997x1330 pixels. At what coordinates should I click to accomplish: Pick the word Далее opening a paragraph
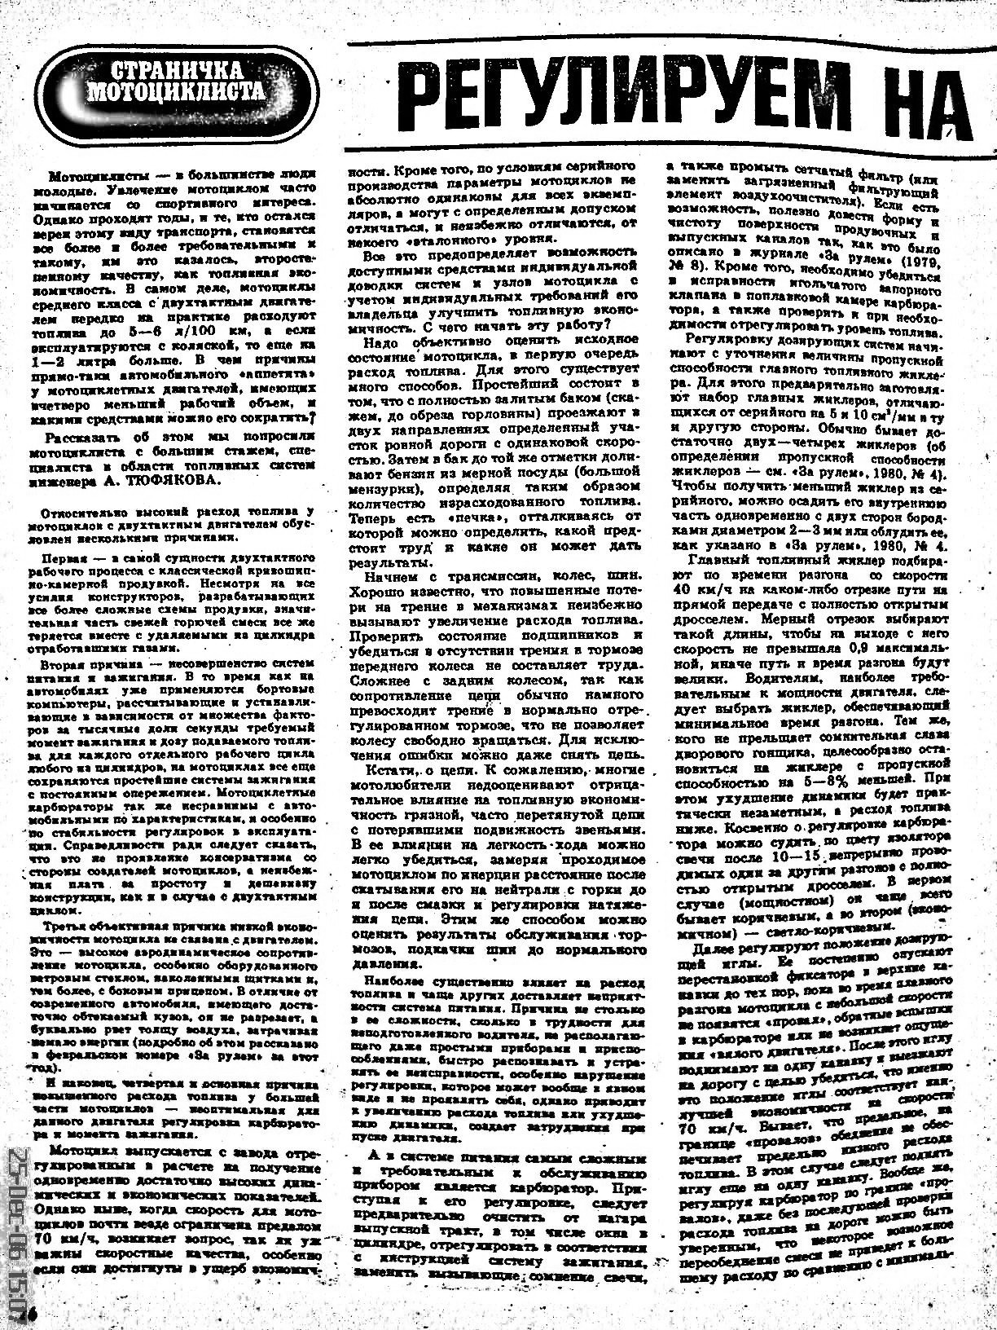click(712, 949)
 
